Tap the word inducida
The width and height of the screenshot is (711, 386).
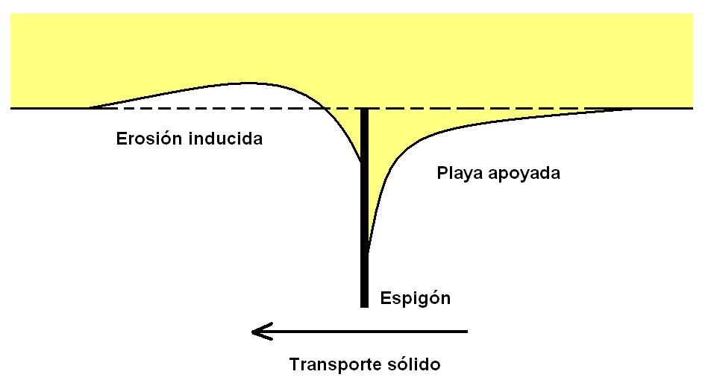pyautogui.click(x=226, y=138)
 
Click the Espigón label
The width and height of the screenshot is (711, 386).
pyautogui.click(x=416, y=299)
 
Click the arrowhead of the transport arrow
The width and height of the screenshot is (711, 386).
pyautogui.click(x=253, y=332)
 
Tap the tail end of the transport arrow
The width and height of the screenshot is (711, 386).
pyautogui.click(x=467, y=332)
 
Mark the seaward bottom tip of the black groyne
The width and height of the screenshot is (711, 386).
pyautogui.click(x=364, y=307)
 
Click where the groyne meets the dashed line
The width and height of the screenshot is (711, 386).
pyautogui.click(x=364, y=109)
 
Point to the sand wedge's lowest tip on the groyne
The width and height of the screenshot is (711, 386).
pyautogui.click(x=369, y=253)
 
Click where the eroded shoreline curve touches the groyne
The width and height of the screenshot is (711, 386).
pyautogui.click(x=360, y=161)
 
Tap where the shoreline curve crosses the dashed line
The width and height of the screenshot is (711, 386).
pyautogui.click(x=325, y=108)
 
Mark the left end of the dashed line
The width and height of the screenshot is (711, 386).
pyautogui.click(x=89, y=108)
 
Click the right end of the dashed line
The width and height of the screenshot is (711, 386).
pyautogui.click(x=635, y=109)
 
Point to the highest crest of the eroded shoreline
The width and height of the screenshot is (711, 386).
pyautogui.click(x=247, y=83)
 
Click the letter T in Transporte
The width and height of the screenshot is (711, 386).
pyautogui.click(x=295, y=364)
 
